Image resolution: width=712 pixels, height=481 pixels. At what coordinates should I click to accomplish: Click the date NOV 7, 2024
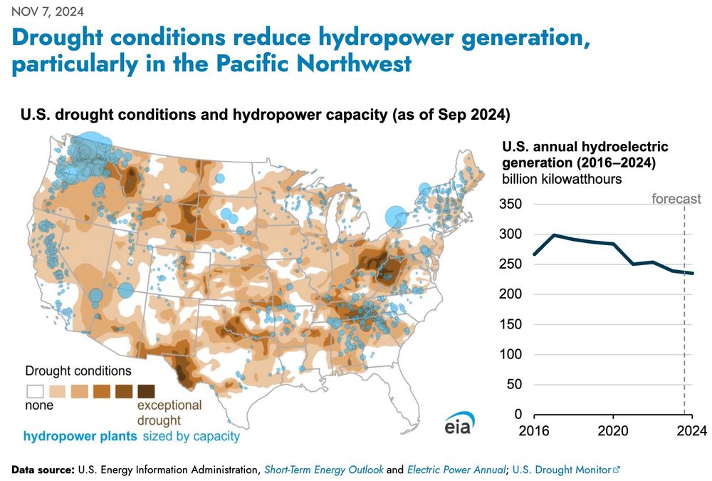point(48,11)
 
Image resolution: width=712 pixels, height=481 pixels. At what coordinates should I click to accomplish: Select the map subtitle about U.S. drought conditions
point(265,114)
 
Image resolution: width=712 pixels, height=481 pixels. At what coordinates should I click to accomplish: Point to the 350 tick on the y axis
point(511,204)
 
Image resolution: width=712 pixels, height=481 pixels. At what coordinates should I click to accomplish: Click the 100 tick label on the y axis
point(511,354)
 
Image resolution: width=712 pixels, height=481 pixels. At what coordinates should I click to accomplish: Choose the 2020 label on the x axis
point(613,430)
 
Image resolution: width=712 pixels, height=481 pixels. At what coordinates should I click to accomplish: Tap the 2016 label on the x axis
point(534,430)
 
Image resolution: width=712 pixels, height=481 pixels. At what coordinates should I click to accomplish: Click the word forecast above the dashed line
point(676,199)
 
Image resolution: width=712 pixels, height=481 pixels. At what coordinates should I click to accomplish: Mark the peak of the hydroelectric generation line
point(554,235)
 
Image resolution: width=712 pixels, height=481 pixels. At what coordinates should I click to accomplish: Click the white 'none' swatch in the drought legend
point(35,391)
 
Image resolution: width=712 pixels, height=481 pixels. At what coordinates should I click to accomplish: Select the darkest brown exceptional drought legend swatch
point(146,391)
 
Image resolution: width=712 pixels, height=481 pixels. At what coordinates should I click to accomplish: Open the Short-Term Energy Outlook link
point(324,469)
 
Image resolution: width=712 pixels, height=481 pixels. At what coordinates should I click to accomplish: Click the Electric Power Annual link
point(456,469)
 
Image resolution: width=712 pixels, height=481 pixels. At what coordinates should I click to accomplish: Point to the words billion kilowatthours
point(562,179)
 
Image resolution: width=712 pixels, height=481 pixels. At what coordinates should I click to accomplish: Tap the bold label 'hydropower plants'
point(80,436)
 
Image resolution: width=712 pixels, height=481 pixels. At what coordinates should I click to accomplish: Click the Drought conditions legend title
point(78,371)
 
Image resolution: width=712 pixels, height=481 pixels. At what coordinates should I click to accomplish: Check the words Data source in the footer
point(43,469)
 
